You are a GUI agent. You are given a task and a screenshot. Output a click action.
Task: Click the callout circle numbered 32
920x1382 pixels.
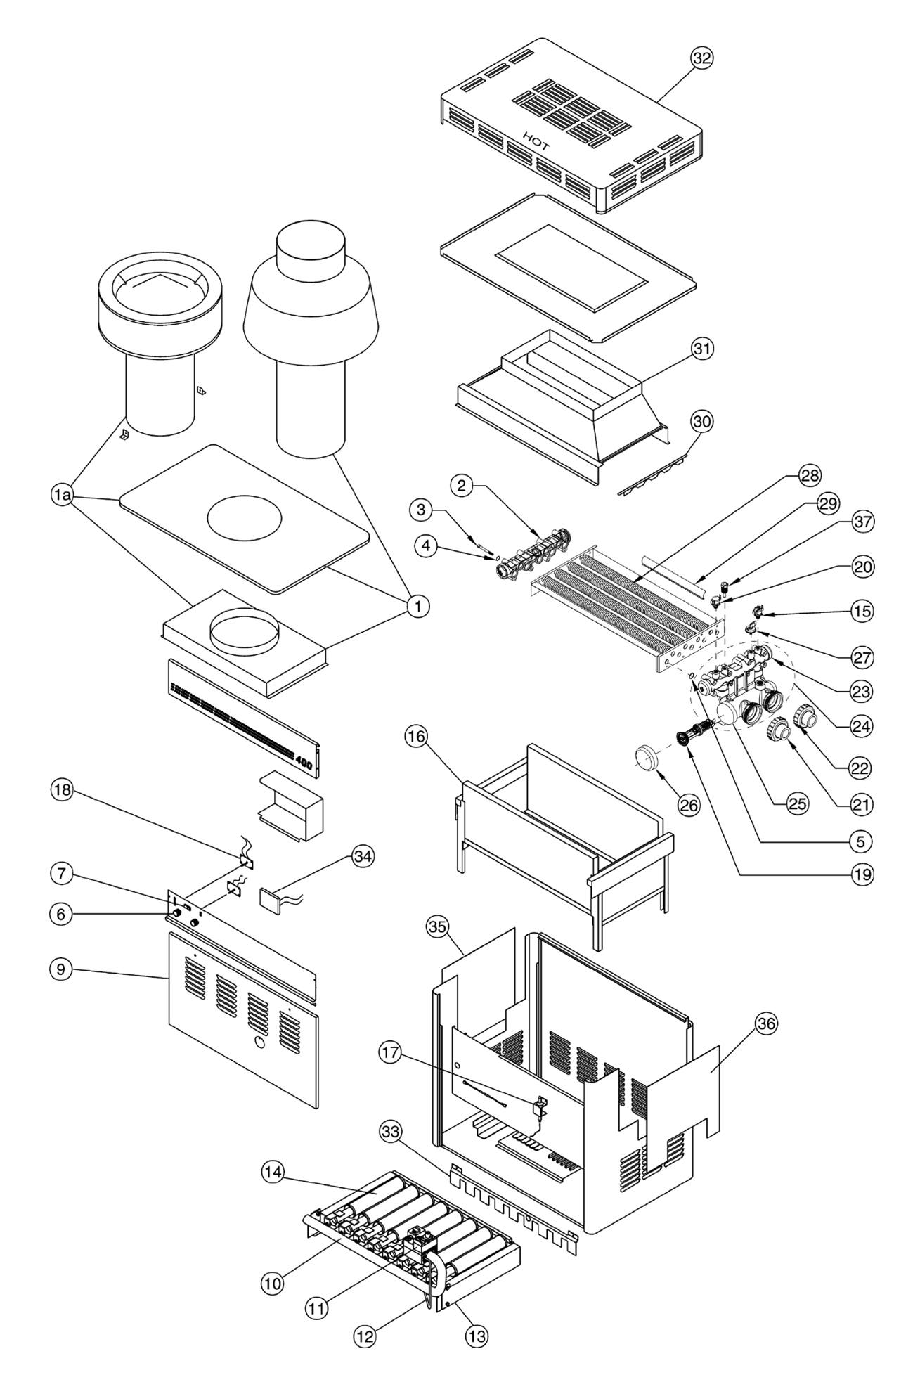click(701, 59)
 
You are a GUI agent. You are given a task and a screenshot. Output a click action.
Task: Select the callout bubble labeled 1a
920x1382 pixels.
click(62, 496)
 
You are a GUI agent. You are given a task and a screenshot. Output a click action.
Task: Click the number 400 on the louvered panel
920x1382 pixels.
click(304, 761)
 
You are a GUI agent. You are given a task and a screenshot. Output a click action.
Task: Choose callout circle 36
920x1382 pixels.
click(766, 1024)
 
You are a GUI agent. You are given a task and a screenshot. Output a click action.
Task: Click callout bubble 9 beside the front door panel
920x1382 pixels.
click(62, 969)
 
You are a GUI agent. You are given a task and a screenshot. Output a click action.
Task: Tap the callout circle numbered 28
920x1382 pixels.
click(810, 476)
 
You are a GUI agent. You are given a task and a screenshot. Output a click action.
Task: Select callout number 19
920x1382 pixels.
click(862, 874)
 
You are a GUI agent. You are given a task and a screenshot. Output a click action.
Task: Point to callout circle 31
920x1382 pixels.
click(701, 348)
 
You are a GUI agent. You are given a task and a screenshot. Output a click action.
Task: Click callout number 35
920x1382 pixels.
click(437, 927)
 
